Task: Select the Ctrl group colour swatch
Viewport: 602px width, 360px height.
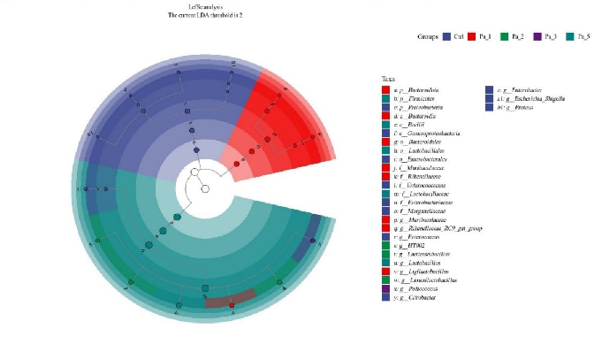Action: [x=446, y=36]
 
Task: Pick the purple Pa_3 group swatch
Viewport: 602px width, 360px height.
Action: [x=537, y=36]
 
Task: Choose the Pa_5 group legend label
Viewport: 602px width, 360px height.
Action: [x=583, y=36]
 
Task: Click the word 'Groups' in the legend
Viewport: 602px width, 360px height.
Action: [x=428, y=36]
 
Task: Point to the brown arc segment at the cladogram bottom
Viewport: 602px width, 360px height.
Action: [x=231, y=299]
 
